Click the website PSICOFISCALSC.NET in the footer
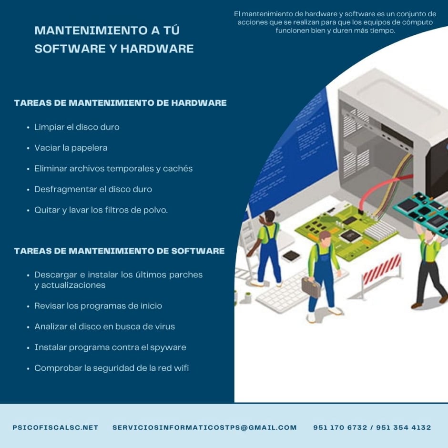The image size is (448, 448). point(55,428)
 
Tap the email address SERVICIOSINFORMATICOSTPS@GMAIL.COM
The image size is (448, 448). point(204,428)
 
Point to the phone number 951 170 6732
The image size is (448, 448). point(340,428)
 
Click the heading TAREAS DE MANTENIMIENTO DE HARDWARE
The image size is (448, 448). point(120,103)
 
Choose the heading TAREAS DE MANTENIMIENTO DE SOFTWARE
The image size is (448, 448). point(120,251)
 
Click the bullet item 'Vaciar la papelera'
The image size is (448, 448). point(71,148)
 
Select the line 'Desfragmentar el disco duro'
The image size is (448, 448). point(93,189)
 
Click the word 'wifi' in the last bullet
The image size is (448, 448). point(181,368)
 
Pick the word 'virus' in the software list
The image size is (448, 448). point(165,326)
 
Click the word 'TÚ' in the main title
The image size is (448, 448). point(172,30)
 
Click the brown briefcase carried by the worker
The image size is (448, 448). point(311,287)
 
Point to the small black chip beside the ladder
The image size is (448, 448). point(291,256)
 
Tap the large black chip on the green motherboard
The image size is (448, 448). point(349,235)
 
